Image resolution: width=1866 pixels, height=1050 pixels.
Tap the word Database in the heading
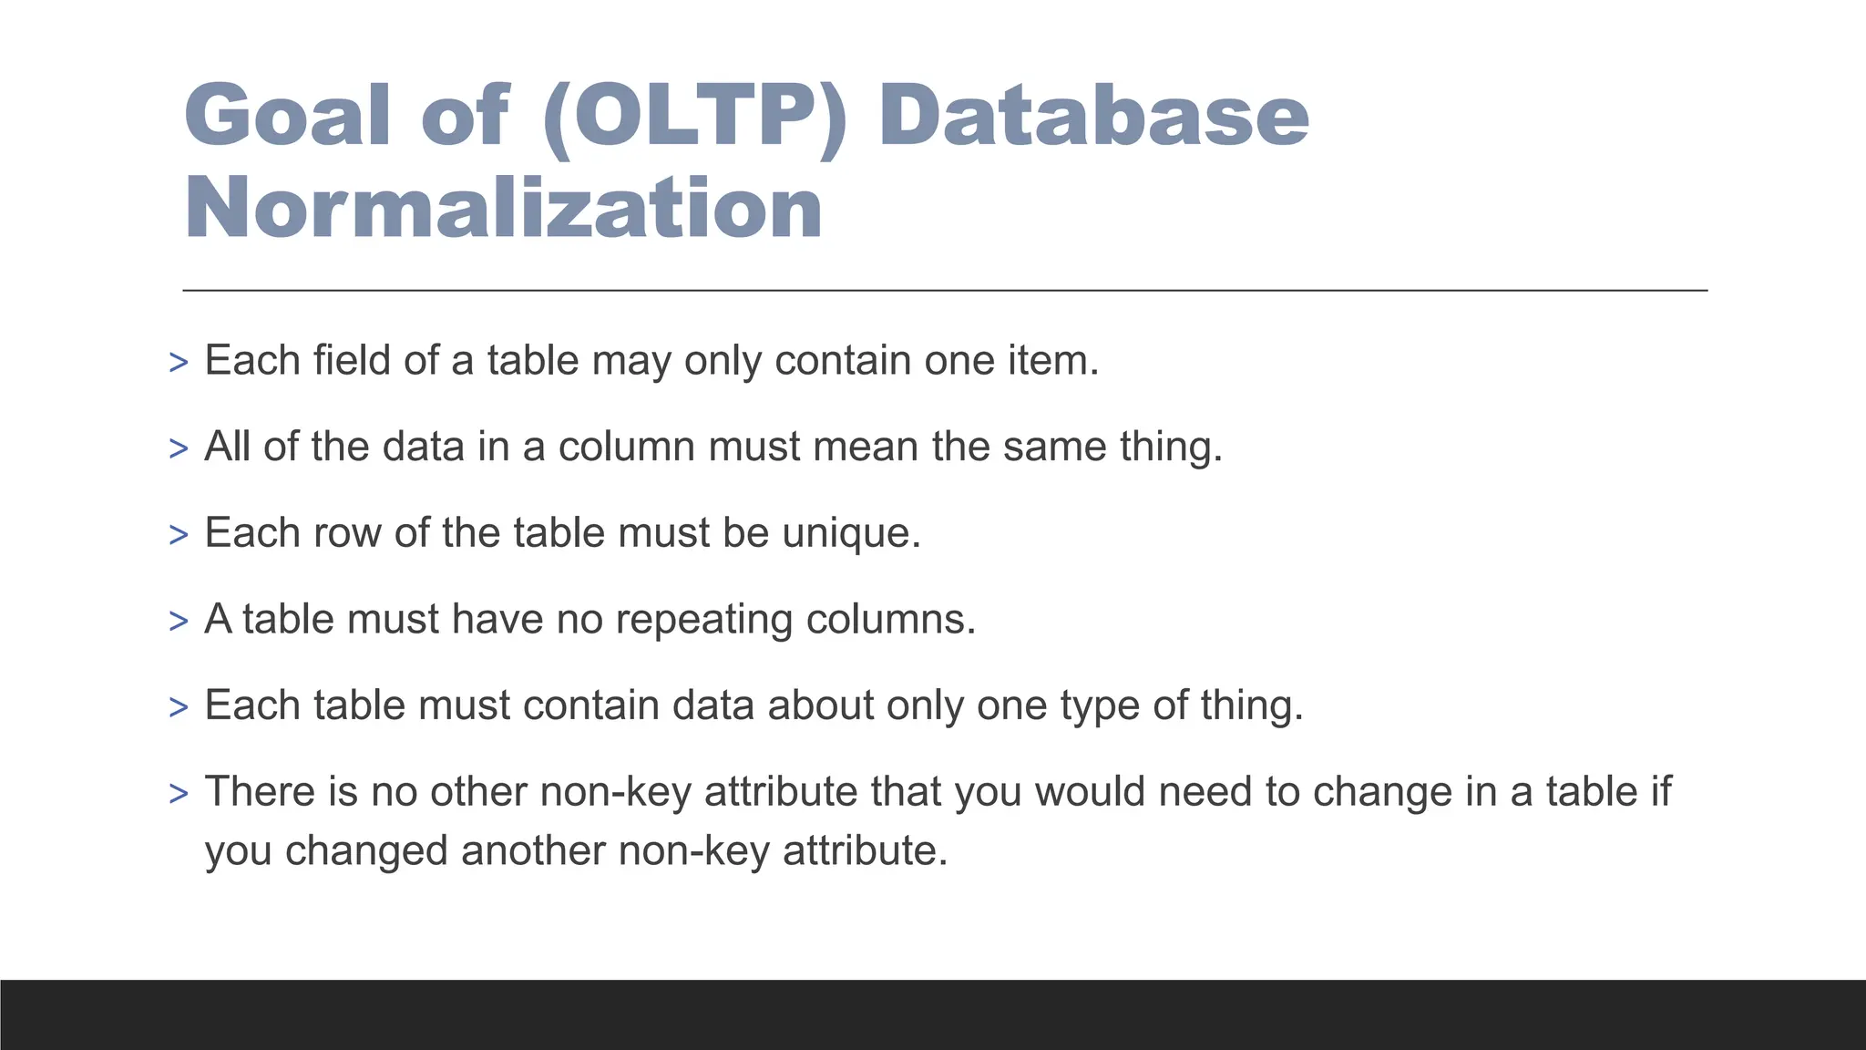pos(1093,116)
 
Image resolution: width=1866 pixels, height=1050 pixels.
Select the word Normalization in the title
pos(504,209)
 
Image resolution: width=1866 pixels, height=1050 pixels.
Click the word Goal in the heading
pos(288,116)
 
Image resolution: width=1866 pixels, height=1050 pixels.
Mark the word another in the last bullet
pos(533,850)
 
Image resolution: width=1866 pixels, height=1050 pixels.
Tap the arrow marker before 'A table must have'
pos(179,622)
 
